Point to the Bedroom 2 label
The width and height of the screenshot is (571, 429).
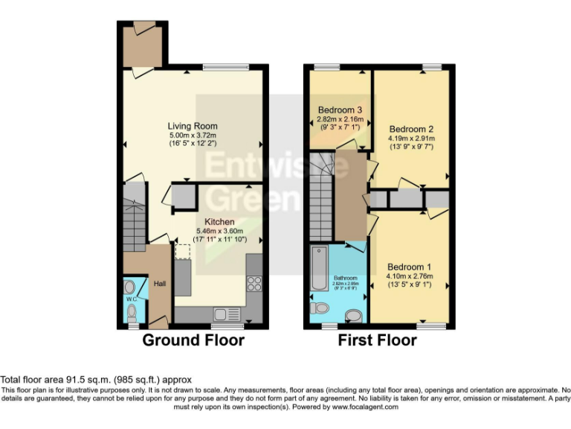click(411, 127)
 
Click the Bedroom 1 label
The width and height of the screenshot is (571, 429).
click(410, 266)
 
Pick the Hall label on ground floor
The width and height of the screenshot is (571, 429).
click(160, 284)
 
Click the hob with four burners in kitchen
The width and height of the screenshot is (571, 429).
click(253, 283)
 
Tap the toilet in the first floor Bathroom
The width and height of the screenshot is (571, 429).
click(320, 308)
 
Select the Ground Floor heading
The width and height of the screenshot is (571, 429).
click(193, 340)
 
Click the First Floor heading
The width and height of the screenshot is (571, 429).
click(378, 340)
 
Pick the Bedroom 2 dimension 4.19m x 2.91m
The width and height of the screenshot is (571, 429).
click(411, 138)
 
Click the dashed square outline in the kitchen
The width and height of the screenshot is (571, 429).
click(183, 251)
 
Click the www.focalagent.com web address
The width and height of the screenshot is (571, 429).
click(361, 407)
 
